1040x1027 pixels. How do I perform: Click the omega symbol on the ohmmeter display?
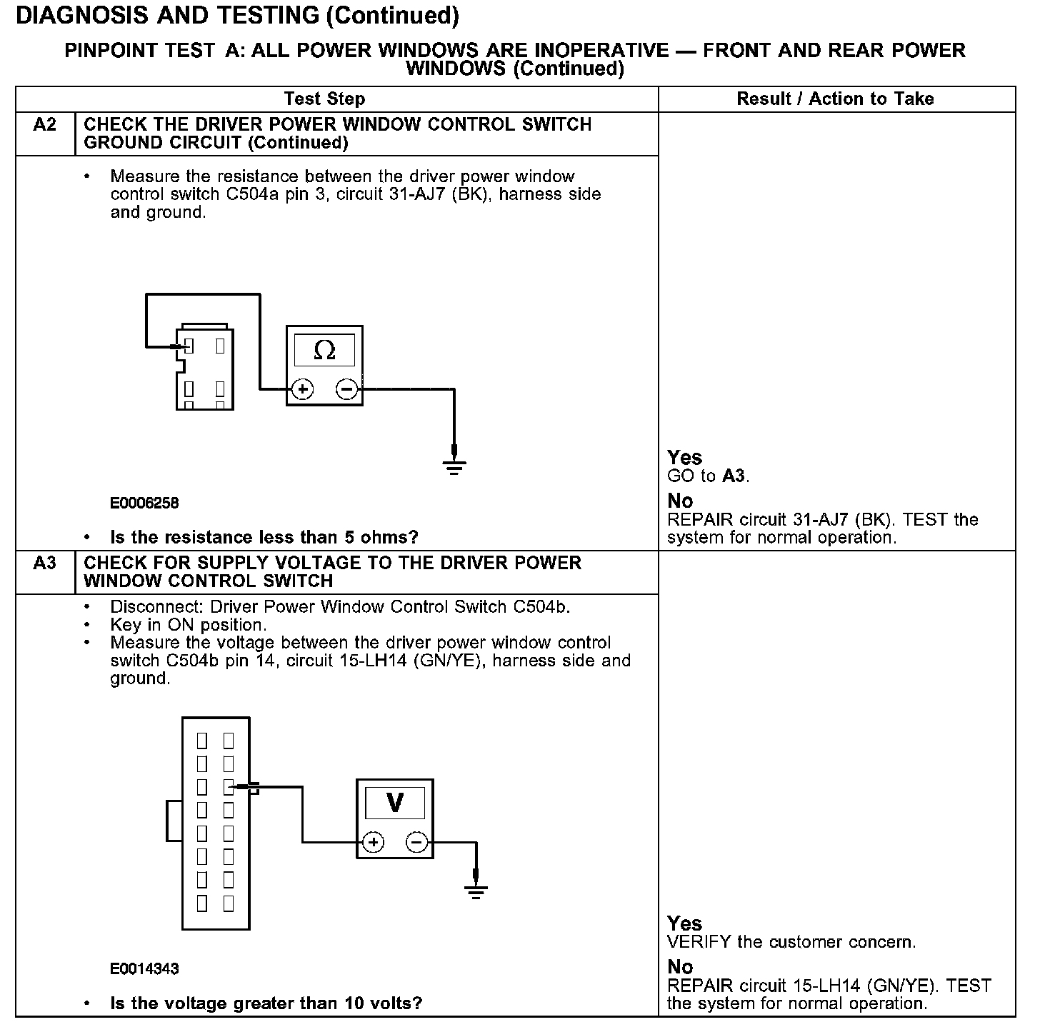coord(324,350)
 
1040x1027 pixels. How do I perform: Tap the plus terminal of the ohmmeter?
coord(303,389)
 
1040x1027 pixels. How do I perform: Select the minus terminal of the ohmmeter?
coord(346,389)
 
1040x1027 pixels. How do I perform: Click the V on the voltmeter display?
coord(394,803)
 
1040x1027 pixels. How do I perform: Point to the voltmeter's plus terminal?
coord(373,842)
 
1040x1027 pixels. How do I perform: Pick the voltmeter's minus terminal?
coord(417,842)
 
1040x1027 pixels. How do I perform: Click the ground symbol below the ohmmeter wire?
coord(454,466)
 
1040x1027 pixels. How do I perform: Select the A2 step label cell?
coord(44,126)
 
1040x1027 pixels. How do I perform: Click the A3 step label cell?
coord(44,564)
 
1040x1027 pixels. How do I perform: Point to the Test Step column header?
coord(324,99)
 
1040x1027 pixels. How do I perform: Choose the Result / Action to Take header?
coord(835,99)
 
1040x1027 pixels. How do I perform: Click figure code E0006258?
coord(144,503)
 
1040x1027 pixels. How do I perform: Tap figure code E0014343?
coord(144,969)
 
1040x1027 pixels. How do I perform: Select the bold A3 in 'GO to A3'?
coord(734,476)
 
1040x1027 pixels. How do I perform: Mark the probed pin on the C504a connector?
coord(189,347)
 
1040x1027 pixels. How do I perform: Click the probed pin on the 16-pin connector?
coord(229,787)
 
